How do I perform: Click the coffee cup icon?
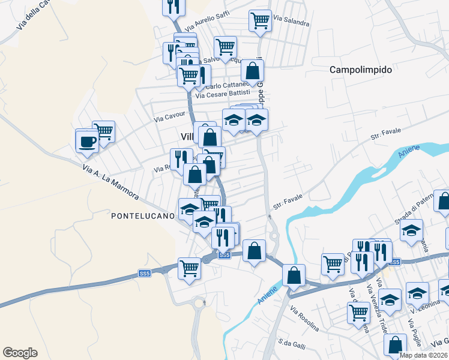coord(87,142)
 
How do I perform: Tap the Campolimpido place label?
coord(361,70)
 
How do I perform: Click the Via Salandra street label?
coord(291,22)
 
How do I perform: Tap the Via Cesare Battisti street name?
coord(223,94)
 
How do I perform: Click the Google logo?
coord(20,353)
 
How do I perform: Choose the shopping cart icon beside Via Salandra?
coord(260,20)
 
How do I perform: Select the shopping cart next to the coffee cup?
coord(103,131)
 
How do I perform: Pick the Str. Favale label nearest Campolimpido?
coord(385,133)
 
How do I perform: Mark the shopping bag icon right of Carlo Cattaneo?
coord(253,70)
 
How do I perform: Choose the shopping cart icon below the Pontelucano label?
coord(189,267)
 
